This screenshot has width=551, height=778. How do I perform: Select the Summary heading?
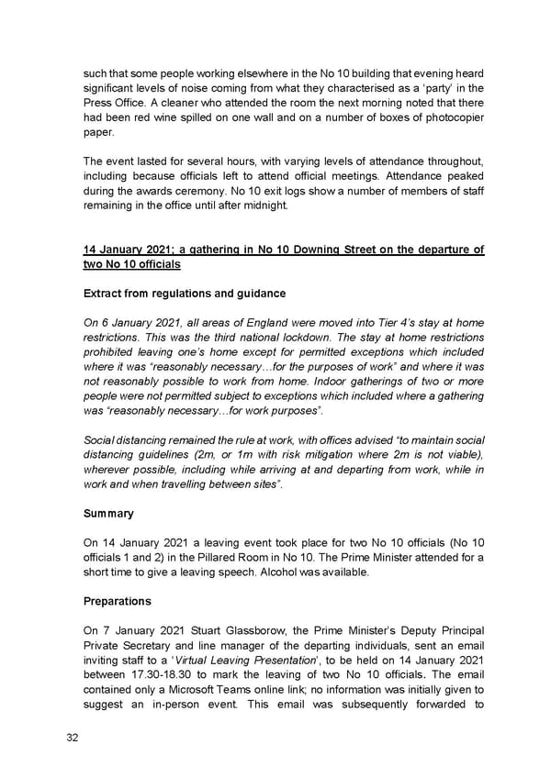[x=108, y=514]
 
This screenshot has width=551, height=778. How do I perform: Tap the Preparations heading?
[x=118, y=603]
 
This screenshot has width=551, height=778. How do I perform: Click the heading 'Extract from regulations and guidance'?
[x=185, y=294]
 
